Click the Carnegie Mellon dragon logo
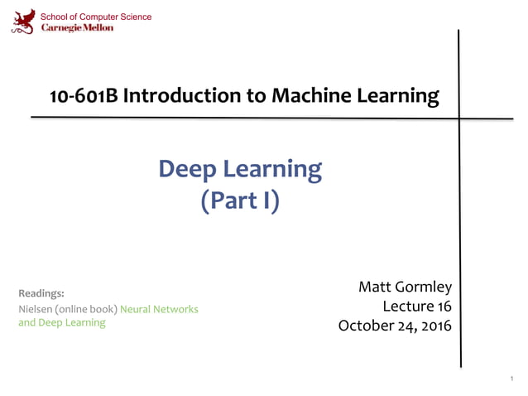23,21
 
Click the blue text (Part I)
240,200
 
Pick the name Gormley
421,287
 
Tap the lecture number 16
443,307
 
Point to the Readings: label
41,293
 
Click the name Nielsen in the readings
35,309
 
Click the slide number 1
512,378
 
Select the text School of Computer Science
96,17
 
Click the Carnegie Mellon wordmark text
78,27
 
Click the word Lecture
406,307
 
